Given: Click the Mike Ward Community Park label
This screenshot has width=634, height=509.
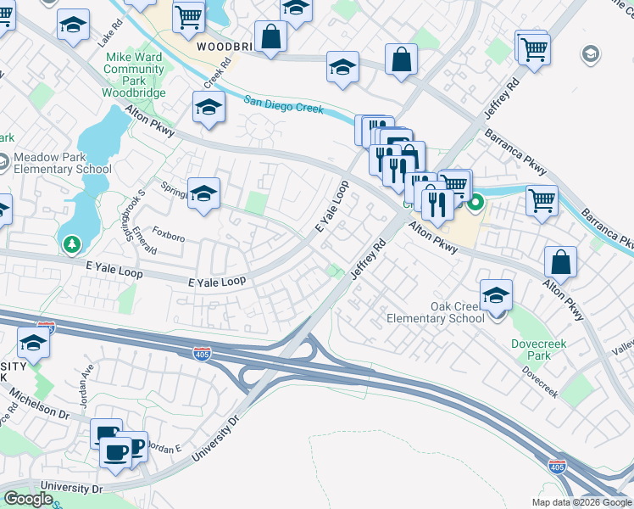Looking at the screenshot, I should coord(134,75).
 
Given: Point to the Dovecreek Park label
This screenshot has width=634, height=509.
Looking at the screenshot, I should coord(531,350).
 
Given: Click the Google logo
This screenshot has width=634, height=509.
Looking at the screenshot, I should coord(28,499).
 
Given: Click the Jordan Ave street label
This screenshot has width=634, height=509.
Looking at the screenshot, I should coord(86,387).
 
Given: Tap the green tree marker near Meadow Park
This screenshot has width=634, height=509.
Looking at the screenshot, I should coord(71,244).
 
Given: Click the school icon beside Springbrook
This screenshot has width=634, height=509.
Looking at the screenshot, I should coord(203,193).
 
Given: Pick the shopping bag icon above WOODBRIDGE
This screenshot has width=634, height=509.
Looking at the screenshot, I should coord(271,36).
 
